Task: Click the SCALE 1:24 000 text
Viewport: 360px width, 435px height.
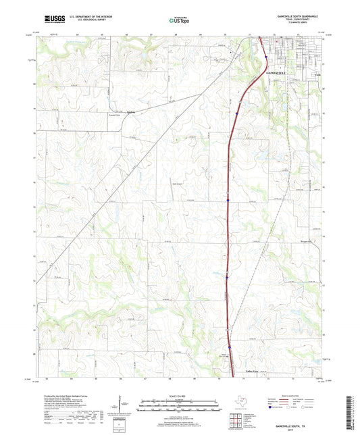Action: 180,396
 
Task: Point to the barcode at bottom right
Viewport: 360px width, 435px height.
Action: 352,411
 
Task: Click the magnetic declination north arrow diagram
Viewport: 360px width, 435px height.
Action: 123,407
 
